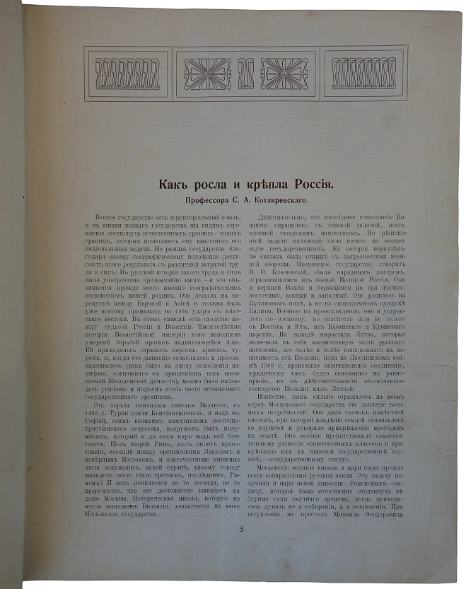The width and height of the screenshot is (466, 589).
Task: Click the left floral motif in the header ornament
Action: tap(206, 71)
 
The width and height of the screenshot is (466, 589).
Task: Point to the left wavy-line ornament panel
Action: tap(127, 71)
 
